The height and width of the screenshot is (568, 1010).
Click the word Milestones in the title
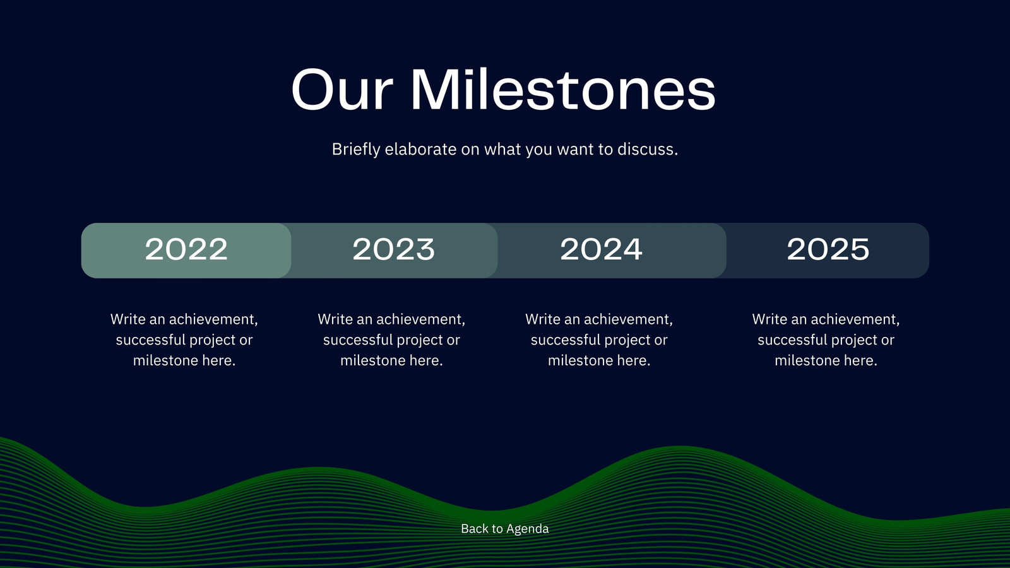[x=563, y=88]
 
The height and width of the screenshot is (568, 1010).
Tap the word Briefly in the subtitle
[x=356, y=149]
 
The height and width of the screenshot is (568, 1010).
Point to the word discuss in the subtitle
[x=646, y=149]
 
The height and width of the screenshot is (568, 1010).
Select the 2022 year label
[x=186, y=249]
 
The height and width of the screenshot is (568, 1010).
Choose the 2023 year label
[x=394, y=249]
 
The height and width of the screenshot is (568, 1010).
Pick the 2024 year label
[x=601, y=249]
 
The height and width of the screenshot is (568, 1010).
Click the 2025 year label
[x=828, y=249]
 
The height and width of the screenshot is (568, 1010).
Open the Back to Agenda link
[x=504, y=528]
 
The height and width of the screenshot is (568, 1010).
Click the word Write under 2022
[x=128, y=319]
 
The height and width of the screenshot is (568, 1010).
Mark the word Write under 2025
[x=769, y=319]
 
